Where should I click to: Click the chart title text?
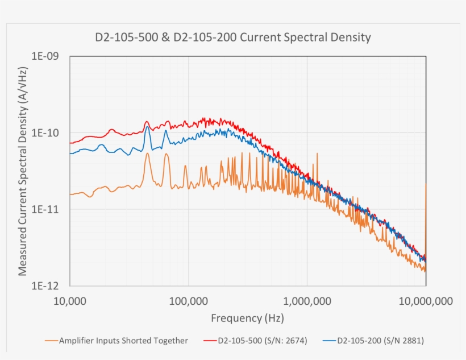232,38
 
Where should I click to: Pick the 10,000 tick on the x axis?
69,300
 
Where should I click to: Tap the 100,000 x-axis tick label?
188,300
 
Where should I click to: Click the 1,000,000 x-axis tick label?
307,300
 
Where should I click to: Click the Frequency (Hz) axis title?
247,318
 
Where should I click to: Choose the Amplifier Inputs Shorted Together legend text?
123,341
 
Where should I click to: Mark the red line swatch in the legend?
209,341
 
